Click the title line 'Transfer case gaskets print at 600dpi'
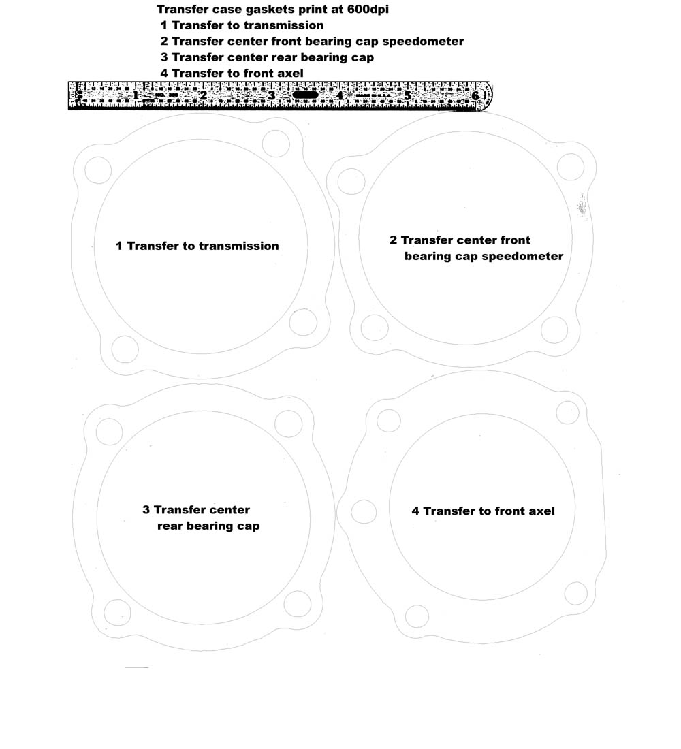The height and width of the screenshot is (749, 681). [x=272, y=10]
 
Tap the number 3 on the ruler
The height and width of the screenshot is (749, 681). [x=272, y=95]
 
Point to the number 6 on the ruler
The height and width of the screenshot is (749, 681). [x=475, y=96]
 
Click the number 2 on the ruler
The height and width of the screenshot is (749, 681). [x=203, y=95]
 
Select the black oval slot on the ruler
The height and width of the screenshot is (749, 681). [x=305, y=95]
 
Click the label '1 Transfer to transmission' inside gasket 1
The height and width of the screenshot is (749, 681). [x=197, y=246]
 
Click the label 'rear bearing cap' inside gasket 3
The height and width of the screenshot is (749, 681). [x=208, y=526]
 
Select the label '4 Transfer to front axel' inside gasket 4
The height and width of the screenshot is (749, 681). [x=483, y=511]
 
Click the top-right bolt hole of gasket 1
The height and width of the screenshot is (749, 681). [x=276, y=143]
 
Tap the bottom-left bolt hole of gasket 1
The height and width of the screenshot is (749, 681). [x=125, y=349]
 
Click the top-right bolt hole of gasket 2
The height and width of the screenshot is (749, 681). [x=571, y=167]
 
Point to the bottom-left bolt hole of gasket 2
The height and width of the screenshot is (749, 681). [x=375, y=328]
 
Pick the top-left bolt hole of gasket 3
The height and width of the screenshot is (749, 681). [x=110, y=432]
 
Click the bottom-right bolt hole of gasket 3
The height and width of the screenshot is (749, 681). [x=298, y=604]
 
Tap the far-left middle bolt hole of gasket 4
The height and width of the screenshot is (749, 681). [x=364, y=512]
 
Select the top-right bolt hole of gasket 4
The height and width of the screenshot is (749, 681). [x=568, y=412]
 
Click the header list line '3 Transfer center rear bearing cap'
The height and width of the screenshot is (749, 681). [x=267, y=57]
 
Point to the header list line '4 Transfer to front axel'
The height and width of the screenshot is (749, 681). [x=232, y=73]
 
